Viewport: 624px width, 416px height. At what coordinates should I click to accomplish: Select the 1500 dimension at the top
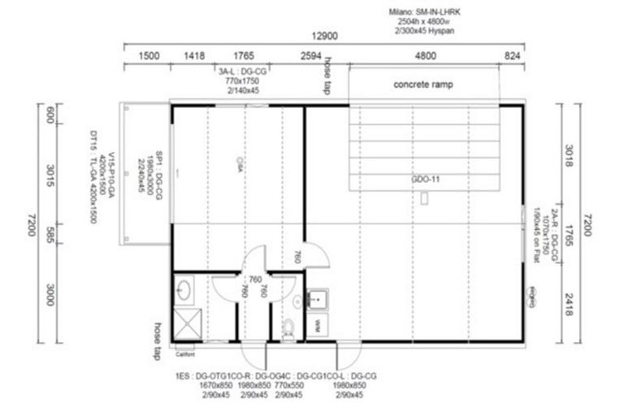(149, 56)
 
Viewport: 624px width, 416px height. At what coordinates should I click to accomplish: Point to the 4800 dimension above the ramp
(425, 56)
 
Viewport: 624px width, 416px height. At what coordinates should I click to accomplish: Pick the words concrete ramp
(422, 84)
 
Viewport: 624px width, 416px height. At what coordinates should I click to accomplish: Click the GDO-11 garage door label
(425, 180)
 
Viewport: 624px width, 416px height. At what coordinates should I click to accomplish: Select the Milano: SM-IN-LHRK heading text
(422, 13)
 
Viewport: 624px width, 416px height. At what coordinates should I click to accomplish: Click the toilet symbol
(288, 328)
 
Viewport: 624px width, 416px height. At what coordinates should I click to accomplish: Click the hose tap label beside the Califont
(158, 342)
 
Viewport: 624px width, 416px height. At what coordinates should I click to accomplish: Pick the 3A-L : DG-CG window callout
(242, 71)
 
